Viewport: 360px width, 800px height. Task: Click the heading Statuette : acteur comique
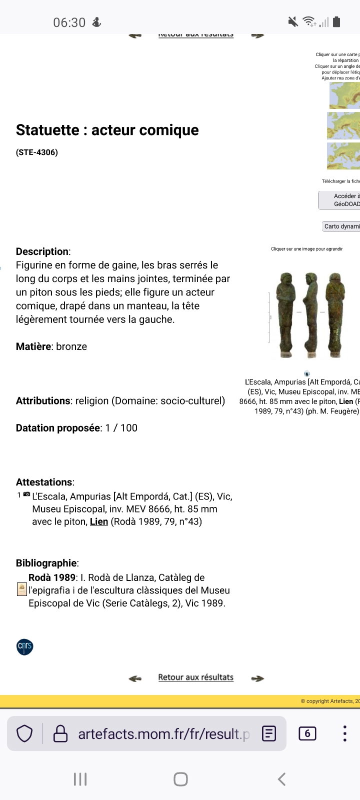click(107, 130)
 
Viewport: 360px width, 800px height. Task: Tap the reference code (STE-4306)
click(37, 152)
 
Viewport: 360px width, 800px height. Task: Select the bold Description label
click(42, 251)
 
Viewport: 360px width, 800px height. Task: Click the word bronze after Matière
click(71, 346)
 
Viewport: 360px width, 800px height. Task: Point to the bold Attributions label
click(43, 401)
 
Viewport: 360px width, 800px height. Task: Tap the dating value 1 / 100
click(121, 428)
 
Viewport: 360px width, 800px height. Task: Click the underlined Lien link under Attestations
click(99, 521)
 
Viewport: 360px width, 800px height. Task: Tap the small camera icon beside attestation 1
click(26, 494)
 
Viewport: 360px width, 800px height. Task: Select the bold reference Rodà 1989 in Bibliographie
click(52, 577)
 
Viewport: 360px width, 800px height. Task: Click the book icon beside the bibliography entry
click(21, 589)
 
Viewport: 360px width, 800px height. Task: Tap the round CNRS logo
click(25, 646)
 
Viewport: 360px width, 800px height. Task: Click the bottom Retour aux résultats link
click(195, 677)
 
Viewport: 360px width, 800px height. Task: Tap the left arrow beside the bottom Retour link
click(135, 678)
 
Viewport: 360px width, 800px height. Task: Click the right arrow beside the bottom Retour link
click(257, 678)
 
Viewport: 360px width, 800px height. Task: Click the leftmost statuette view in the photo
click(286, 315)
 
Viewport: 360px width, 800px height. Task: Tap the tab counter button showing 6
click(307, 733)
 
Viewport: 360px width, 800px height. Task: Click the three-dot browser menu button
click(344, 733)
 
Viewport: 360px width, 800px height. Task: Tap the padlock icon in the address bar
click(60, 733)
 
